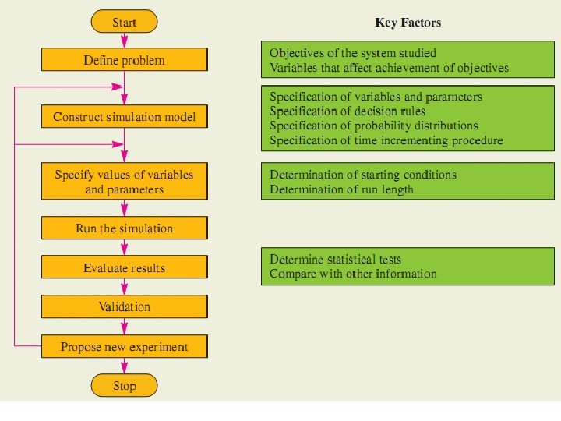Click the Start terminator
click(124, 23)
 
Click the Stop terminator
click(124, 386)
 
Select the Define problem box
click(124, 60)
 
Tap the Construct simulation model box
click(124, 117)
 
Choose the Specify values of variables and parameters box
click(124, 182)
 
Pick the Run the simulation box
click(124, 228)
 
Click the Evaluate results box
click(124, 267)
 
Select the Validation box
click(124, 306)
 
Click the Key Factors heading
click(408, 23)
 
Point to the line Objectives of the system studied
click(352, 53)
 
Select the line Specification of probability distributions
click(373, 126)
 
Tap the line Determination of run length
click(341, 189)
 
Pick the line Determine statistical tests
click(335, 259)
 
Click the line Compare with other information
click(353, 274)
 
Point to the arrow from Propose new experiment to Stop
click(124, 366)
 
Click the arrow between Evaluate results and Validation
click(124, 287)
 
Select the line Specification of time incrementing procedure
click(386, 140)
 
